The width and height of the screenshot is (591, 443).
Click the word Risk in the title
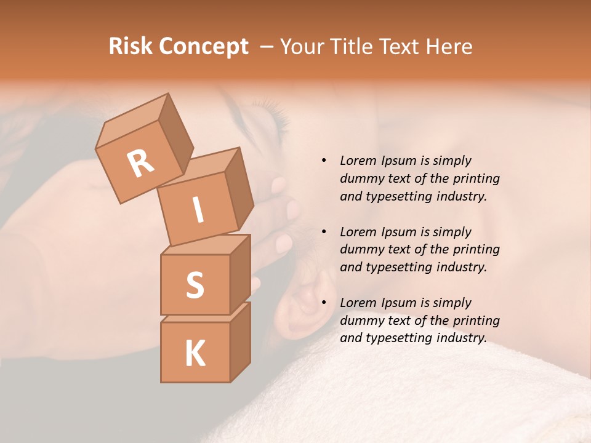[131, 46]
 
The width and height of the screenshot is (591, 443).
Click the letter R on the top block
[140, 163]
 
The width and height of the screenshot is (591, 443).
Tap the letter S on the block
[195, 285]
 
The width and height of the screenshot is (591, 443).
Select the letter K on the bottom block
[195, 353]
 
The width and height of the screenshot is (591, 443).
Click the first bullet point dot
[324, 161]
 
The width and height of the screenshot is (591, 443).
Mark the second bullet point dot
[324, 232]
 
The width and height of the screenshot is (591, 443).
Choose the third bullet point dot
[324, 303]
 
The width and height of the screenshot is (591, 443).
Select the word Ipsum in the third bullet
[398, 303]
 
